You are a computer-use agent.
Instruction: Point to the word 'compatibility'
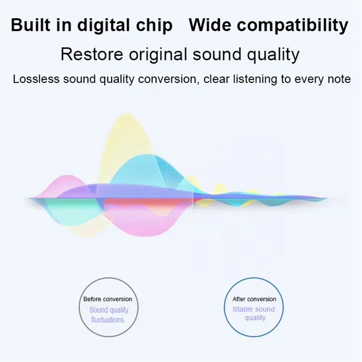point(292,25)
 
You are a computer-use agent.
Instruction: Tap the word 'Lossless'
point(36,79)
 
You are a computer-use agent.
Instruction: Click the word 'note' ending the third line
point(339,79)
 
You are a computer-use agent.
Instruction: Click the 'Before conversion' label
point(108,299)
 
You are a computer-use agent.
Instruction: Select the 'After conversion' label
point(254,299)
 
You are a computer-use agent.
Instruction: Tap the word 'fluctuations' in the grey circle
point(108,319)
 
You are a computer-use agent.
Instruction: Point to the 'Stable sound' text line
point(254,309)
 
